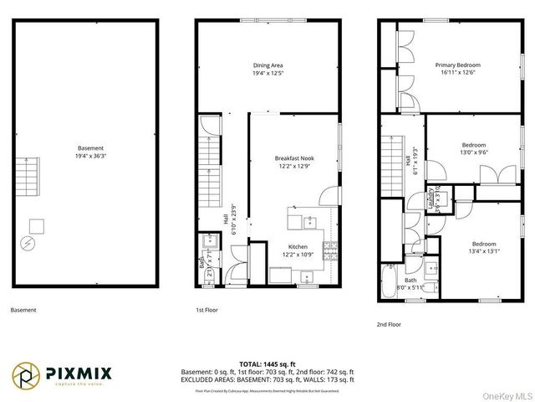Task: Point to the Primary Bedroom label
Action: [x=457, y=64]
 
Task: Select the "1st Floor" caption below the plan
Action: [x=207, y=310]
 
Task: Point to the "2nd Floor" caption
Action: [x=388, y=323]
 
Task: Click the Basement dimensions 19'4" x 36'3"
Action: [x=87, y=156]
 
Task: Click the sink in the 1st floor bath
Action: [x=210, y=245]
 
